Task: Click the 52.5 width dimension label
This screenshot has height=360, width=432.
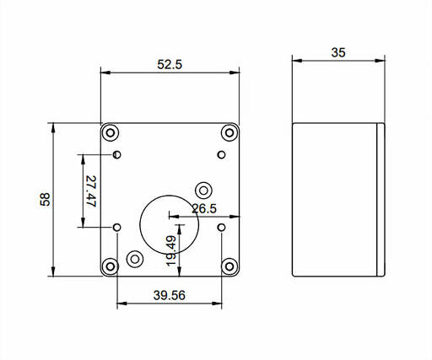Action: click(170, 65)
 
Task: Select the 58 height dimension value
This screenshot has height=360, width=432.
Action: click(45, 200)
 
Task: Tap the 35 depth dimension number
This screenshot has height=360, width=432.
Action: click(338, 52)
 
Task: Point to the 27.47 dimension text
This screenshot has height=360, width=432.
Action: click(91, 191)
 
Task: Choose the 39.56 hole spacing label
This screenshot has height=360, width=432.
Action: click(170, 295)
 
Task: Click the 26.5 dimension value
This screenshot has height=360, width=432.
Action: click(204, 209)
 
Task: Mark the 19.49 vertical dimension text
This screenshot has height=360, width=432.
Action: click(171, 251)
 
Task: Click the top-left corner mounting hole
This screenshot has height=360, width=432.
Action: click(111, 132)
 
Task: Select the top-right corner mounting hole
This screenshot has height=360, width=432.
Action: click(229, 132)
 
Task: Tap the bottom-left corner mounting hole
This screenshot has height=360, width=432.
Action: click(111, 266)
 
